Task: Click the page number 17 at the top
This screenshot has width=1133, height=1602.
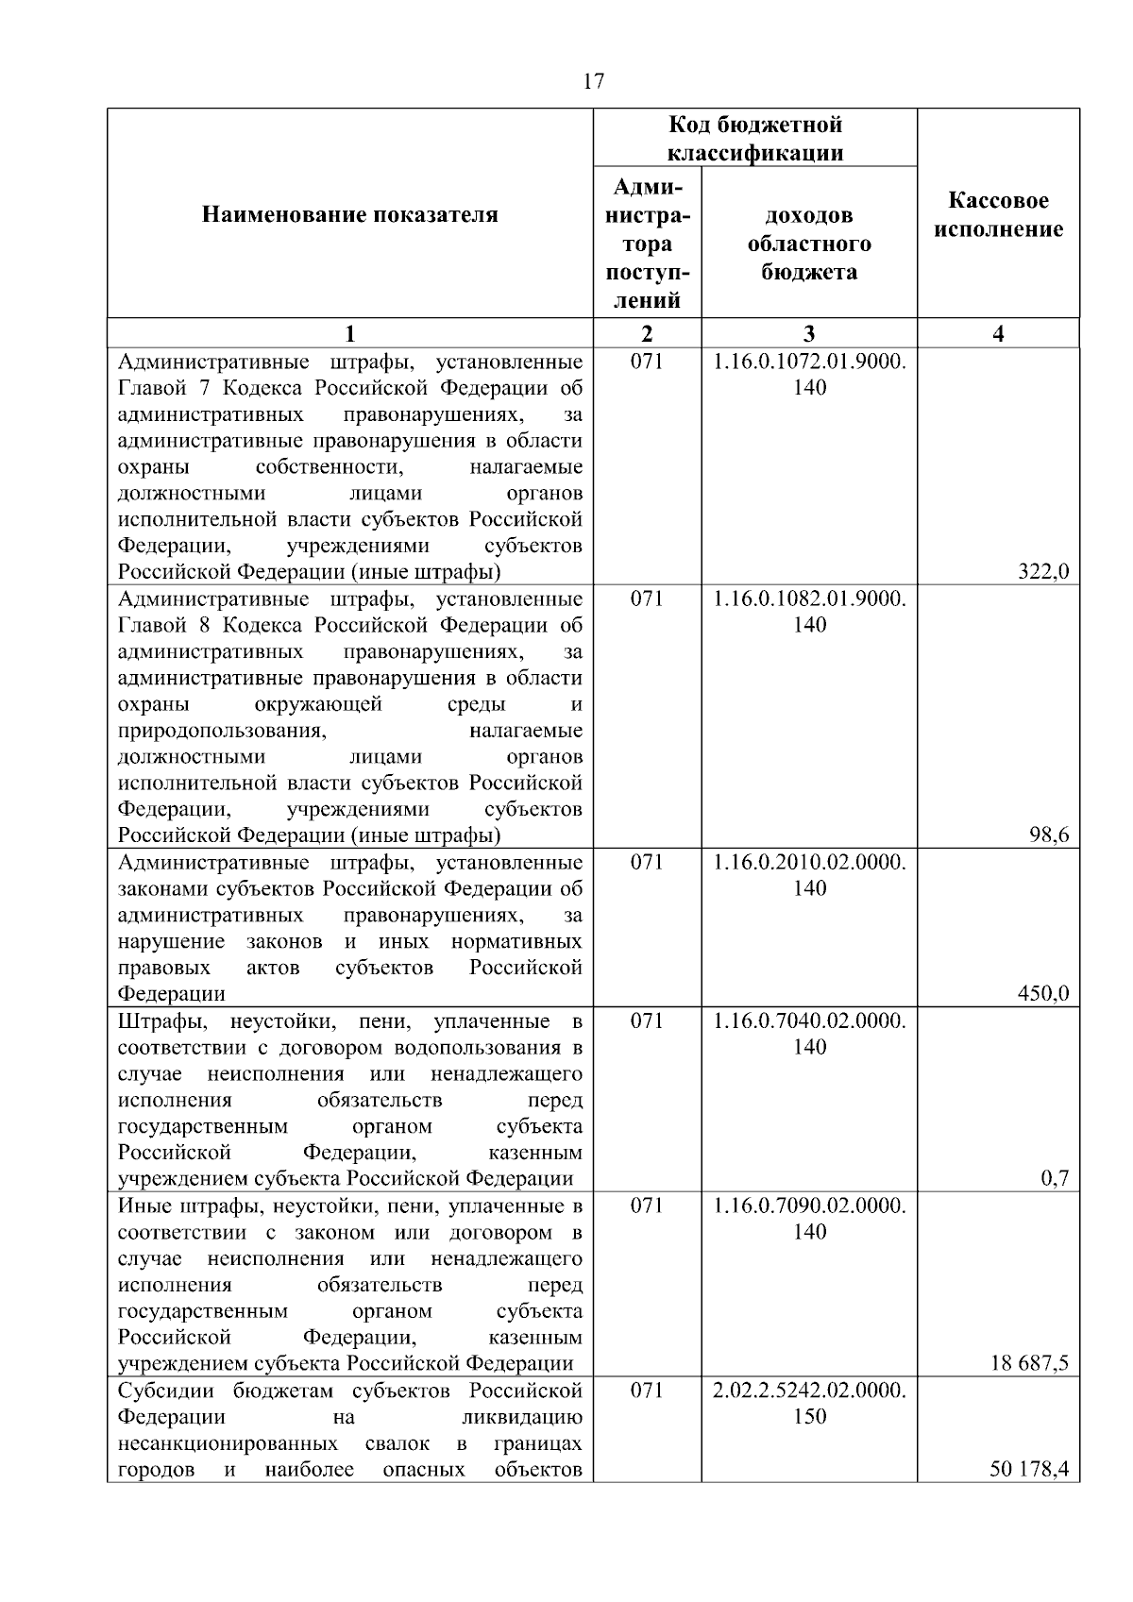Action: click(593, 82)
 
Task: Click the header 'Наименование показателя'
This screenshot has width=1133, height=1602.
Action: click(350, 215)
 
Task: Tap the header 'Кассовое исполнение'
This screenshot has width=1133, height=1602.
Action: click(998, 215)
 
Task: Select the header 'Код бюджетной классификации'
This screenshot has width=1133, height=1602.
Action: click(755, 139)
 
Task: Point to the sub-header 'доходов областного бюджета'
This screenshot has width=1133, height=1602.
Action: click(809, 244)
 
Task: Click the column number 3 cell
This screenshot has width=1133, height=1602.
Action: click(809, 333)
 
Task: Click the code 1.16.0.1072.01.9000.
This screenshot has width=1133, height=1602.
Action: click(809, 362)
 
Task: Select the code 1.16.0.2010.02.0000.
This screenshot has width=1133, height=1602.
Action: click(809, 863)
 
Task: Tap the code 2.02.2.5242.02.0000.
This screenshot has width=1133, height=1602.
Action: click(809, 1391)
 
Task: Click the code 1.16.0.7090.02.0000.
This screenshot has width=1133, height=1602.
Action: click(809, 1206)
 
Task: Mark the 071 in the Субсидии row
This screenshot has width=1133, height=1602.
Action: click(647, 1391)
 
